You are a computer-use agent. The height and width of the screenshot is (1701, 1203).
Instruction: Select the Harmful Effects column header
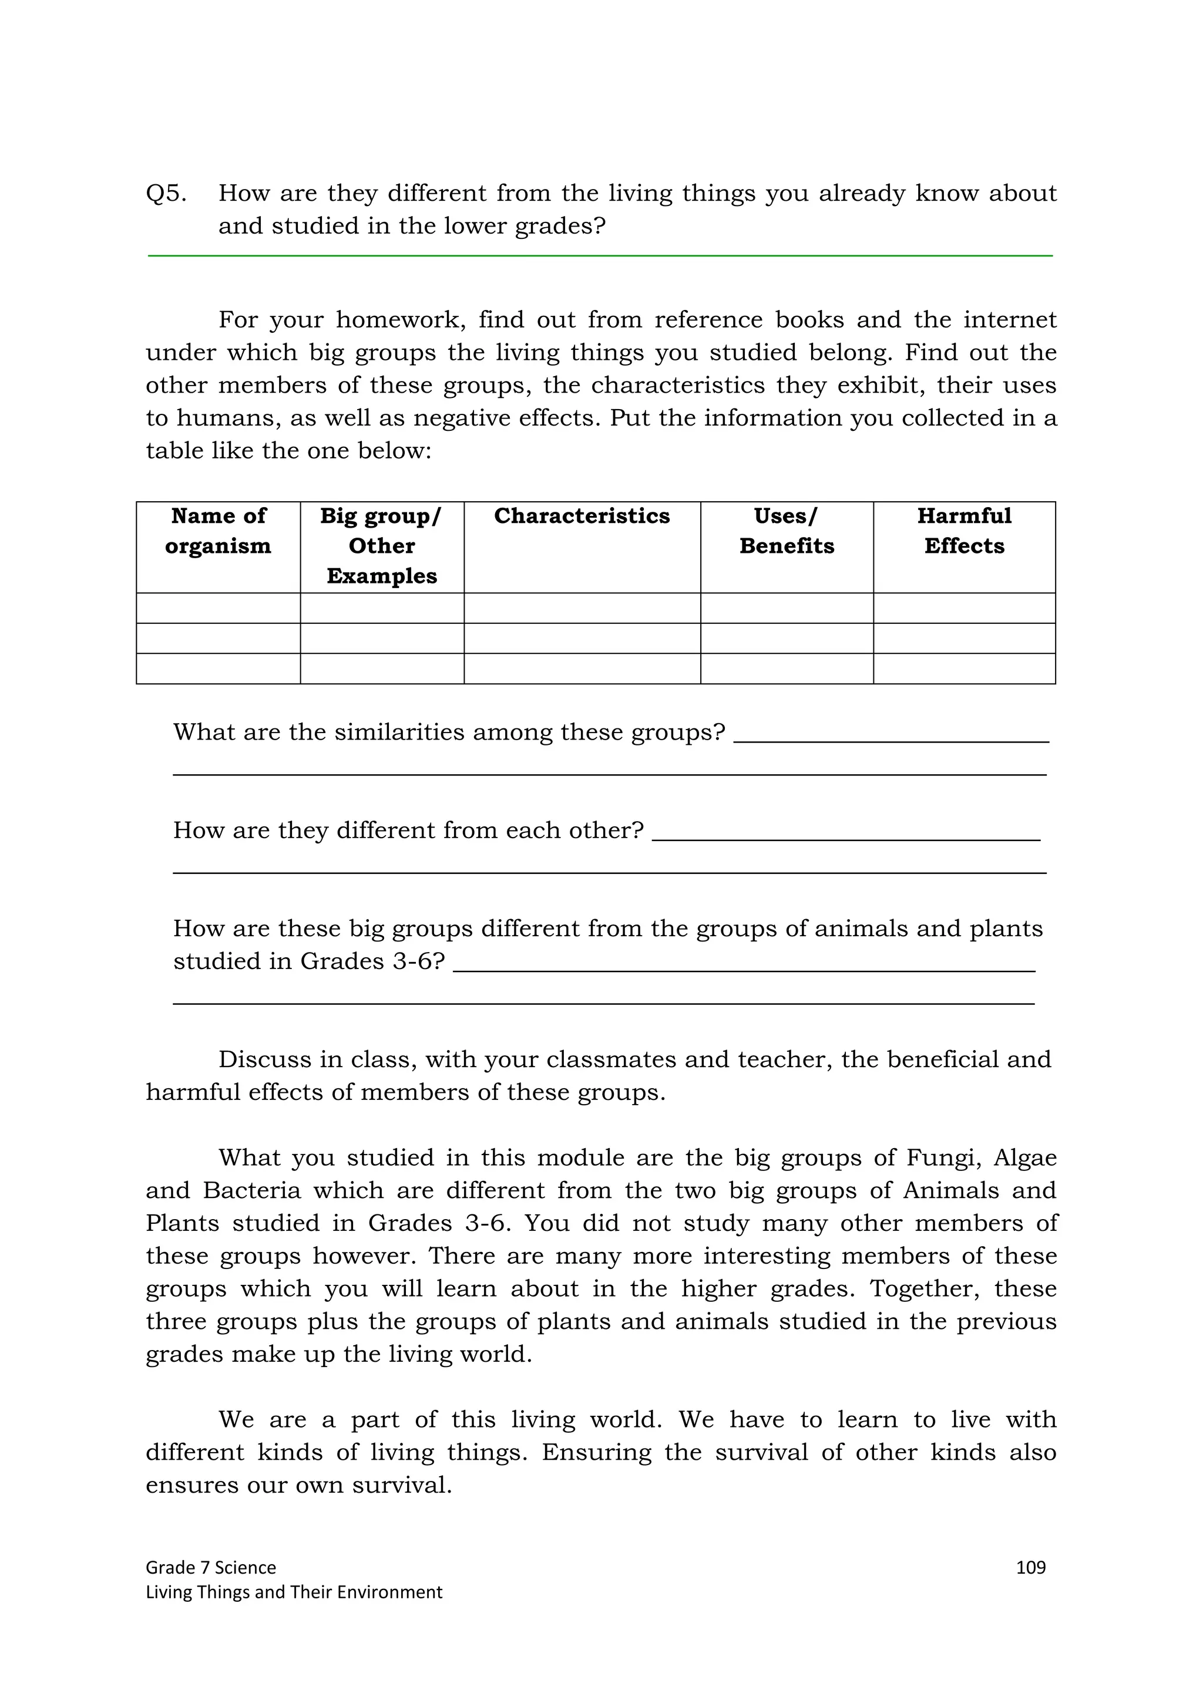[x=963, y=531]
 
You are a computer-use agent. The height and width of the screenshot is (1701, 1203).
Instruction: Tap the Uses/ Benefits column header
[x=787, y=531]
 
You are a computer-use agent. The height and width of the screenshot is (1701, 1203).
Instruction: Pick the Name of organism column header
[x=218, y=531]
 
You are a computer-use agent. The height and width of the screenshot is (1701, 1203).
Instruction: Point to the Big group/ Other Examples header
[x=382, y=546]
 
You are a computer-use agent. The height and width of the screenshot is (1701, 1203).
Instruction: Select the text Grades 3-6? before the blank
[x=372, y=961]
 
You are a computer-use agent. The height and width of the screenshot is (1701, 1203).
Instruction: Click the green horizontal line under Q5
[x=600, y=255]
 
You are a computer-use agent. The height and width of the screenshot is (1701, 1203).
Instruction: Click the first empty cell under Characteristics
[x=582, y=608]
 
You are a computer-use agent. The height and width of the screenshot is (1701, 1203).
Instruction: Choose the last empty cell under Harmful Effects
[x=963, y=668]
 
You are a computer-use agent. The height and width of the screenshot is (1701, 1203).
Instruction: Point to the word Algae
[x=1025, y=1157]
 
